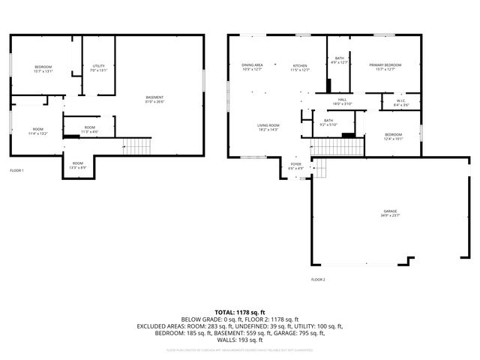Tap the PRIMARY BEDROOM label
coord(385,65)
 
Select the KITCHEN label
coord(300,65)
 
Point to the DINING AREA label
coord(252,65)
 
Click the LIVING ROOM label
coord(268,125)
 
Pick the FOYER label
coord(296,163)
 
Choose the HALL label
coord(342,100)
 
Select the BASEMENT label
coord(154,97)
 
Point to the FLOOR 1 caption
coord(16,171)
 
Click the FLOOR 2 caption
coord(318,279)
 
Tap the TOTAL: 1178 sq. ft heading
coord(240,312)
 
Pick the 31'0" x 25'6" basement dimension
coord(154,101)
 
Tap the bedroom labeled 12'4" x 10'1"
coord(373,136)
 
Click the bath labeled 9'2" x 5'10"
coord(328,122)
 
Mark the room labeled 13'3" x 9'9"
coord(78,165)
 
